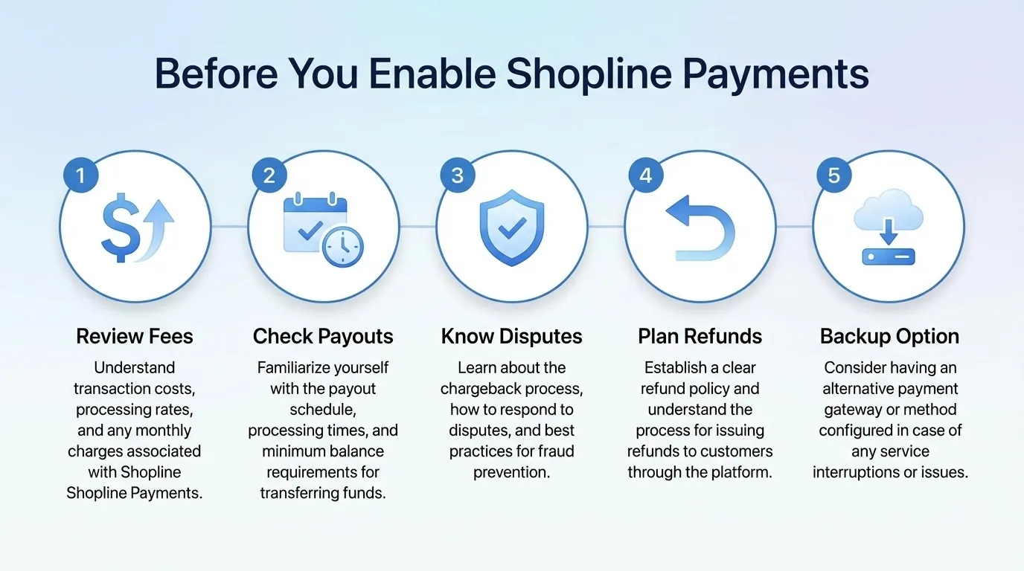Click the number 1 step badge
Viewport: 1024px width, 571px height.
80,175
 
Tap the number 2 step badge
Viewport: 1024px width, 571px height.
269,175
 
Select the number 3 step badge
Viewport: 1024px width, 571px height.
457,175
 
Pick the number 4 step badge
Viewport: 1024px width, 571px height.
645,175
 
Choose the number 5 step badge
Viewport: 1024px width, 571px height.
833,175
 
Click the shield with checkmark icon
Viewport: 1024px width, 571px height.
511,228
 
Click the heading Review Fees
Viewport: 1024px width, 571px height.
135,336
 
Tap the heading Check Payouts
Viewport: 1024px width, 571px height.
323,336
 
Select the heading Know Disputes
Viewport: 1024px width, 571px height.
511,336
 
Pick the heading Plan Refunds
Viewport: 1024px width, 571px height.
700,336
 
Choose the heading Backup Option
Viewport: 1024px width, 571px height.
889,336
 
